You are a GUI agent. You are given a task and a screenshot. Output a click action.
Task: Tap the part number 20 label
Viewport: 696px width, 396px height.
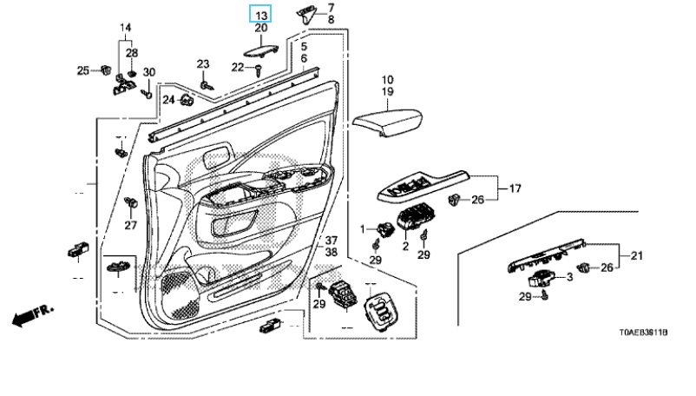point(260,29)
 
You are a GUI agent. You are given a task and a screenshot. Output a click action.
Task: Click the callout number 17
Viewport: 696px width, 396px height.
point(515,188)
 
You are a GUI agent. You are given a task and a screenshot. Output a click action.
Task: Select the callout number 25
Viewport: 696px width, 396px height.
point(83,69)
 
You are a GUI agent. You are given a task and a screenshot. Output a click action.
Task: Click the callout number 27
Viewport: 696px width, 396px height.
point(130,226)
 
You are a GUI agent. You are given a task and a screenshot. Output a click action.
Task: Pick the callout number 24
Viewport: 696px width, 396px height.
point(167,100)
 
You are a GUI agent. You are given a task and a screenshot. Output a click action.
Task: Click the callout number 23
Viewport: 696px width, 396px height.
point(203,64)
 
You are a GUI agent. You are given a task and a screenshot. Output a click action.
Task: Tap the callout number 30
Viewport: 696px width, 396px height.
point(148,71)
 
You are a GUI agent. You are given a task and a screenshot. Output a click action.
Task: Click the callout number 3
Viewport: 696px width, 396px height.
point(569,277)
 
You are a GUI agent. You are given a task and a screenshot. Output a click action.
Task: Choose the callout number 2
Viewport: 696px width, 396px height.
point(404,246)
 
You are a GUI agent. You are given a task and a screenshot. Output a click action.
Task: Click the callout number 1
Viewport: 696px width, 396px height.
point(365,228)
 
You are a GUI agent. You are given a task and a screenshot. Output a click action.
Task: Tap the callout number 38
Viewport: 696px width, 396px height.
point(331,252)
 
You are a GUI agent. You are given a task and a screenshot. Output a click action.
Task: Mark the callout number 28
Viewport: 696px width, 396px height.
point(132,53)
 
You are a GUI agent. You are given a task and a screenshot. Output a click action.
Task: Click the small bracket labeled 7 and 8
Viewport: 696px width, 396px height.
point(310,13)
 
